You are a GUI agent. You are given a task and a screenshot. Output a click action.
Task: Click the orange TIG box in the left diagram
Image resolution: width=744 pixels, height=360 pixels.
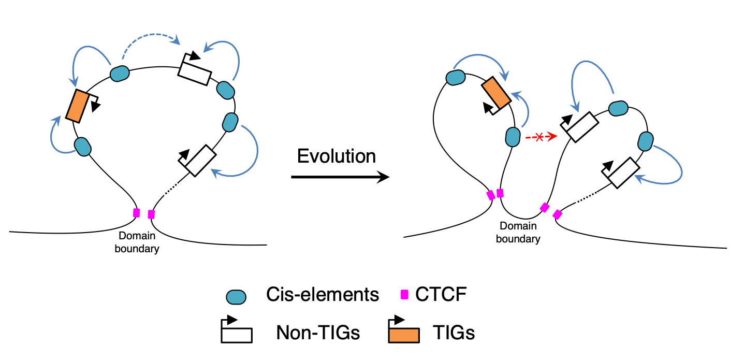pyautogui.click(x=76, y=106)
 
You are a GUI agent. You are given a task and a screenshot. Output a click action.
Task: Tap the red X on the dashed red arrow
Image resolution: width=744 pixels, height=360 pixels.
pyautogui.click(x=539, y=137)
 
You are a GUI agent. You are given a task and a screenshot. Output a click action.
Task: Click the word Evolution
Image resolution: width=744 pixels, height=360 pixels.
pyautogui.click(x=337, y=156)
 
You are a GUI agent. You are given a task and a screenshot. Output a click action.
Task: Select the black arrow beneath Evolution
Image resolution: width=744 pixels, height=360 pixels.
pyautogui.click(x=340, y=178)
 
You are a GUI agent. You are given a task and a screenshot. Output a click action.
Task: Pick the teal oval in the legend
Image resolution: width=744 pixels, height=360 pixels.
pyautogui.click(x=236, y=297)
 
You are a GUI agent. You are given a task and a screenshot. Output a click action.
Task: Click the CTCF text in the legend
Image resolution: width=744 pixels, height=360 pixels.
pyautogui.click(x=441, y=295)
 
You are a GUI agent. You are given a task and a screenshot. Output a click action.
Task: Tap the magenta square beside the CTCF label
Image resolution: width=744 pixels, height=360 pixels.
pyautogui.click(x=405, y=295)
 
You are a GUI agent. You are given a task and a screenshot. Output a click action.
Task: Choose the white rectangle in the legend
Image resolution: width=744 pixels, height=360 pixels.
pyautogui.click(x=237, y=335)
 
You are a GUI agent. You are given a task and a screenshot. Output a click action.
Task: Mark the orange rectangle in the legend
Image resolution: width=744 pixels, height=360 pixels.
pyautogui.click(x=404, y=335)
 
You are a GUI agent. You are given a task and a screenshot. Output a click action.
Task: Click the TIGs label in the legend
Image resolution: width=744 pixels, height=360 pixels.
pyautogui.click(x=454, y=333)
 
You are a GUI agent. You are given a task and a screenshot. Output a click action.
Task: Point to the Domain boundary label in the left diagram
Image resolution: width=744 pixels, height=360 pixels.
pyautogui.click(x=137, y=242)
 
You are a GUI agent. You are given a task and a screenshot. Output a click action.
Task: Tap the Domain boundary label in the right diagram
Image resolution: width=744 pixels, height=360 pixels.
pyautogui.click(x=518, y=233)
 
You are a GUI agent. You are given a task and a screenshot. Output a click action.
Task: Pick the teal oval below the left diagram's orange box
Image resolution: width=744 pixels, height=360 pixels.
pyautogui.click(x=82, y=147)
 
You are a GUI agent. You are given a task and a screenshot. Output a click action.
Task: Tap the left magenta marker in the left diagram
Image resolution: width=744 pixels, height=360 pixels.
pyautogui.click(x=137, y=212)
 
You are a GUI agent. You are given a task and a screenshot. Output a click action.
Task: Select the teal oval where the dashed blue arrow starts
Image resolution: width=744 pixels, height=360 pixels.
pyautogui.click(x=119, y=74)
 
